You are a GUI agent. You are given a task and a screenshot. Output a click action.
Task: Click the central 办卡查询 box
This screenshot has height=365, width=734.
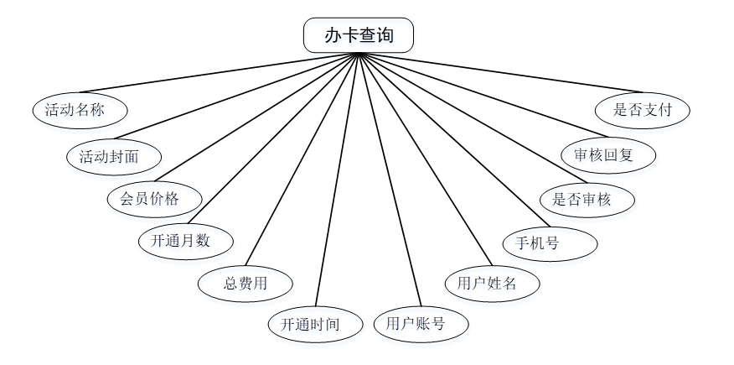tap(358, 36)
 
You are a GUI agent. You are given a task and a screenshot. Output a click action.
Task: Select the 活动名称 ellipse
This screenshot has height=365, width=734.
tap(80, 109)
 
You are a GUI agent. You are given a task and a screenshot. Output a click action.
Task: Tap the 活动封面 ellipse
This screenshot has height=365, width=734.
tap(114, 155)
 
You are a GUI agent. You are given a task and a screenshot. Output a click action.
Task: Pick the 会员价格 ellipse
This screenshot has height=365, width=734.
tap(155, 199)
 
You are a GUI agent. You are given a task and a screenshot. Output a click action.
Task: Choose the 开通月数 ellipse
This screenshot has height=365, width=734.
tap(186, 241)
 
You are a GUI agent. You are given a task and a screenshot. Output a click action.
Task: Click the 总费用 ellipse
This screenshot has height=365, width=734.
tap(246, 283)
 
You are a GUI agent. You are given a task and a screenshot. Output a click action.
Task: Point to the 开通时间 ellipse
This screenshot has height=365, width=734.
tap(315, 324)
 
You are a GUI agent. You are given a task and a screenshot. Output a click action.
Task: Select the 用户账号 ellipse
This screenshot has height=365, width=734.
tap(421, 324)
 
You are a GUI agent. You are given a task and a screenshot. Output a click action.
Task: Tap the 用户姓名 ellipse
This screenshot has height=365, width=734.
tap(493, 283)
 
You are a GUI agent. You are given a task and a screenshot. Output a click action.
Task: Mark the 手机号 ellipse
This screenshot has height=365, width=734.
tap(550, 242)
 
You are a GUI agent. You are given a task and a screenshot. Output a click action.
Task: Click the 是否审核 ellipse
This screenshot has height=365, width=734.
tap(587, 199)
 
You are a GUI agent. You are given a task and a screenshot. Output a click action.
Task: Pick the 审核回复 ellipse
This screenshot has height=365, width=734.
tap(608, 155)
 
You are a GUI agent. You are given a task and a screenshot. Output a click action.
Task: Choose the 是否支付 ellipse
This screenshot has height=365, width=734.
tap(643, 109)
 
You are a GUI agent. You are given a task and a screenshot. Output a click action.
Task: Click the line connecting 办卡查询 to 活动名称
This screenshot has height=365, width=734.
tap(218, 72)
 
